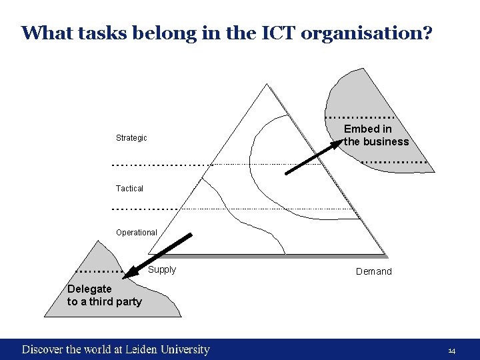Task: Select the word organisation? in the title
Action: tap(367, 33)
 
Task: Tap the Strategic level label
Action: tap(131, 138)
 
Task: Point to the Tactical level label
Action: tap(129, 189)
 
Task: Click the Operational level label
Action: tap(136, 233)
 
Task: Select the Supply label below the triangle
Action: tap(162, 270)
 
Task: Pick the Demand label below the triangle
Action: tap(374, 271)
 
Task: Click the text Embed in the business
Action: tap(376, 135)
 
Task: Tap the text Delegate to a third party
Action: tap(104, 295)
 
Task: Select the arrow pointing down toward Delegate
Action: tap(160, 253)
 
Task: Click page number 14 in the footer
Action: tap(451, 351)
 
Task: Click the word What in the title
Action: tap(41, 33)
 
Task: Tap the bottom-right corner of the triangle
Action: tap(385, 255)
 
